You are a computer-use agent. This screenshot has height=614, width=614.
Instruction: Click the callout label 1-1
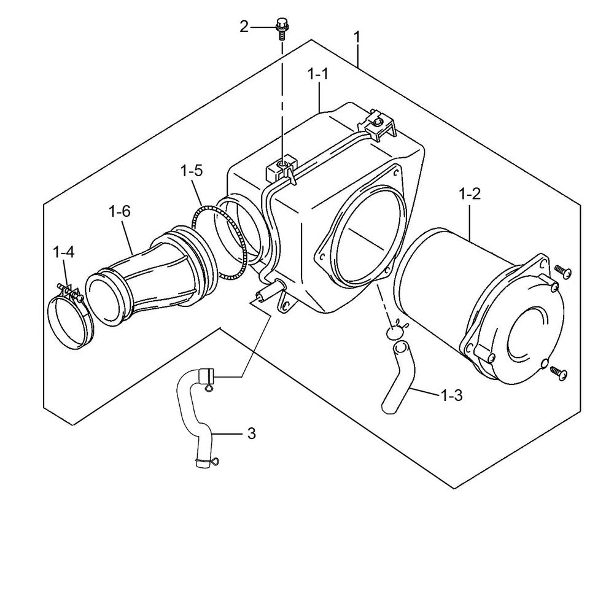point(319,75)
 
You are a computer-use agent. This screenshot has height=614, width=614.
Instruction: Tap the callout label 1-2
point(470,195)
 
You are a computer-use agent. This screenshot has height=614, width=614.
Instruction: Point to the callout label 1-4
point(64,252)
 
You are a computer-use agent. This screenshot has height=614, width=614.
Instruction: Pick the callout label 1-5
point(192,171)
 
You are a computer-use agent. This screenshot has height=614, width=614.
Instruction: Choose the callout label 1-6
point(119,212)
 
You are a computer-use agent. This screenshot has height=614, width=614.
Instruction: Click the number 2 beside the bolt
point(244,26)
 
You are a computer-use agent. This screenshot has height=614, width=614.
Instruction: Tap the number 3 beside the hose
point(251,433)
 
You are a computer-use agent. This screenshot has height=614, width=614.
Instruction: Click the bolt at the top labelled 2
point(282,28)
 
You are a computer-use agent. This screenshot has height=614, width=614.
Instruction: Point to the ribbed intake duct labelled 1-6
point(153,270)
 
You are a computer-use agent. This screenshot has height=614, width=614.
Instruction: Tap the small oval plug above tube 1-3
point(395,332)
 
